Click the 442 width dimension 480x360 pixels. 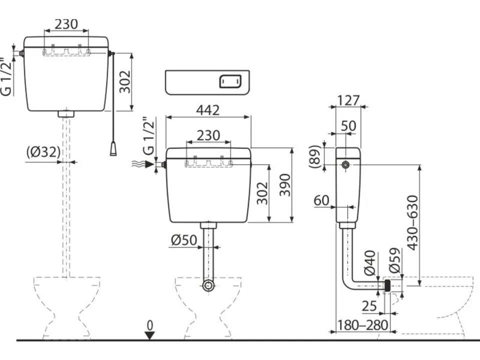tap(208, 110)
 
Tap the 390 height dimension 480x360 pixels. tap(285, 185)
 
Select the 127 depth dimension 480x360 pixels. tap(348, 100)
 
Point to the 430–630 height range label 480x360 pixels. tap(412, 223)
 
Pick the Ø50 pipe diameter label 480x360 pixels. tap(184, 240)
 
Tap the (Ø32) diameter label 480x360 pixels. tap(43, 152)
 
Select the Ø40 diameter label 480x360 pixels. tap(370, 262)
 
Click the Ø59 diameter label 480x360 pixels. tap(395, 260)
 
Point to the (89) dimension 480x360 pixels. tap(315, 156)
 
